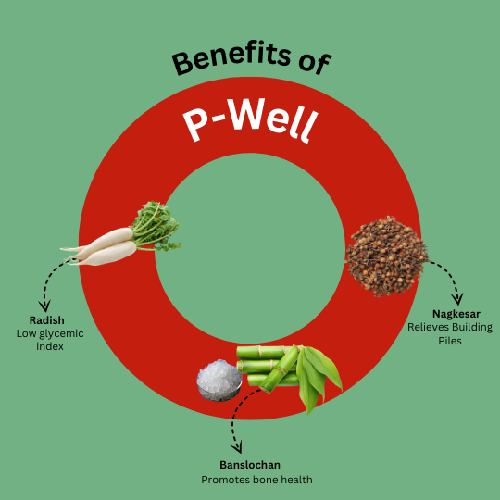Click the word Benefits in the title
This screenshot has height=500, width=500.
pos(231,58)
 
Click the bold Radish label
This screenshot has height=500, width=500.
pos(47,320)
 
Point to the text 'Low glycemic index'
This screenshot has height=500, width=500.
pos(50,340)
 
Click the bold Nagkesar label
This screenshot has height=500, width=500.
pos(456,314)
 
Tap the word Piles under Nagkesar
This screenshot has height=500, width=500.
pos(450,341)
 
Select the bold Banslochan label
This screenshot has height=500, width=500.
pos(250,465)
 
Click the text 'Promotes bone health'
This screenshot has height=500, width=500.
pos(256,480)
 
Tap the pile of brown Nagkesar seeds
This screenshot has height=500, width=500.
pos(386,256)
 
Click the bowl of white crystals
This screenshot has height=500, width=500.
pos(219,381)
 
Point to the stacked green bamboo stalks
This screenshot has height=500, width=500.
pos(269,367)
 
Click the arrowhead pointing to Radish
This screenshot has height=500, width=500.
pos(44,306)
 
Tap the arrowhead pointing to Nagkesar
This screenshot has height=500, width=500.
pos(457,299)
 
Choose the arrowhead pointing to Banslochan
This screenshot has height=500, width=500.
pos(236,447)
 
